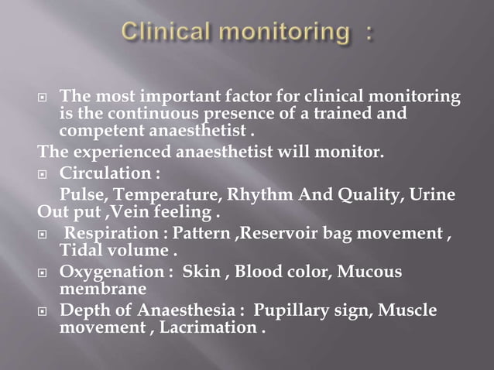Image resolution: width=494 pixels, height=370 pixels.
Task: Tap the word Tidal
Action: [80, 251]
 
